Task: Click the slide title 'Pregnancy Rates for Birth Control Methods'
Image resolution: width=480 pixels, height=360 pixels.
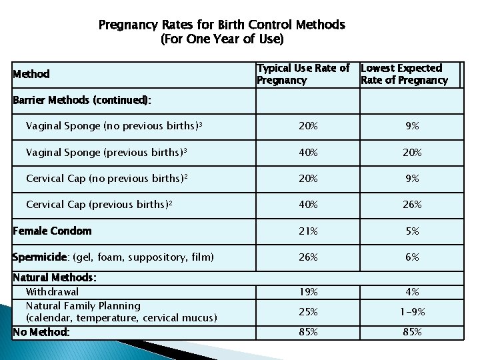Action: [221, 25]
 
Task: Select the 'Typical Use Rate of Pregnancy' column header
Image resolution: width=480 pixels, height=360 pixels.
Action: [303, 74]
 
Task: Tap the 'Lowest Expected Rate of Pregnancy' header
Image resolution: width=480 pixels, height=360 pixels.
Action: [404, 74]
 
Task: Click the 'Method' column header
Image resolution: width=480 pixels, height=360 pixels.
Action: [31, 74]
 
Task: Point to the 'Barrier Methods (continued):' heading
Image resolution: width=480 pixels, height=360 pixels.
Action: [82, 100]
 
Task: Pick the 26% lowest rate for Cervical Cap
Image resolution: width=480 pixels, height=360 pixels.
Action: [413, 205]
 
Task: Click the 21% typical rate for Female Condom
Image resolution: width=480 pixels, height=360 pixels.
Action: [308, 231]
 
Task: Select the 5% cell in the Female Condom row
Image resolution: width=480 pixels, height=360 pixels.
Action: [413, 231]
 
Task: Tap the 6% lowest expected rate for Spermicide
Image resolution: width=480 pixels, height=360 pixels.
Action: [413, 257]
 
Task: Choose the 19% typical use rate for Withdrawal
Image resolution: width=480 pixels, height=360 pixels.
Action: [308, 292]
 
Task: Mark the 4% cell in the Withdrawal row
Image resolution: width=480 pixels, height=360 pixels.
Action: [413, 292]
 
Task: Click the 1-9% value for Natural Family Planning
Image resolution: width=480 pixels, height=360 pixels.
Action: [413, 312]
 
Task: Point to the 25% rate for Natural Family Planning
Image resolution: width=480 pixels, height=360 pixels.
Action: [308, 312]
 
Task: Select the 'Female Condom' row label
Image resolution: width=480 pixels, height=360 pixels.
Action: [53, 231]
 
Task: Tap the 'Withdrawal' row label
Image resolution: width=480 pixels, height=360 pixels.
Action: [52, 292]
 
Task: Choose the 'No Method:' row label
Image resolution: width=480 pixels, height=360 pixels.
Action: [41, 331]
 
